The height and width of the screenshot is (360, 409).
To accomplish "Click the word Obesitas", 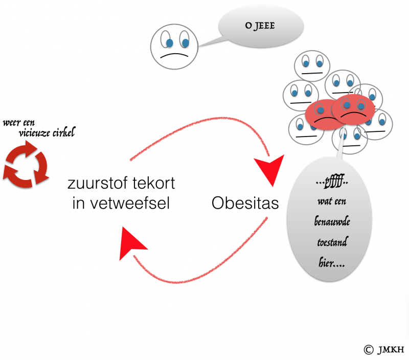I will pyautogui.click(x=245, y=203).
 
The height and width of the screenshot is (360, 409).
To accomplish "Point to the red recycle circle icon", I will pyautogui.click(x=25, y=165).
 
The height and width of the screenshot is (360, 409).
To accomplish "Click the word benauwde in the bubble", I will pyautogui.click(x=329, y=221).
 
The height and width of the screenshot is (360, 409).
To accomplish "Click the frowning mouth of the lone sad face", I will pyautogui.click(x=174, y=54).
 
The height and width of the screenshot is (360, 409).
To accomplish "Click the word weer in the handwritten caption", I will pyautogui.click(x=11, y=123).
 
